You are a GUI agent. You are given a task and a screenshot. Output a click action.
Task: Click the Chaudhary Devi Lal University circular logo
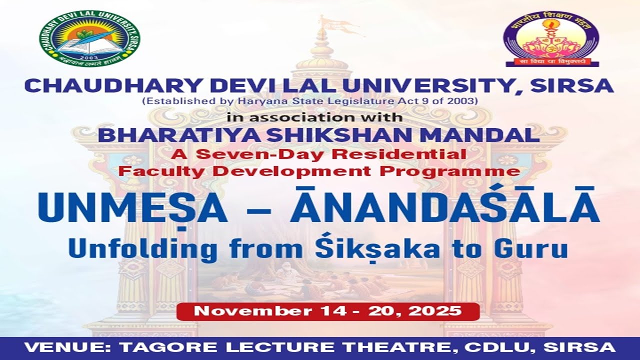coord(89,38)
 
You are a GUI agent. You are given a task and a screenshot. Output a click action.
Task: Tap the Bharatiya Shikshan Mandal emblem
coord(551,39)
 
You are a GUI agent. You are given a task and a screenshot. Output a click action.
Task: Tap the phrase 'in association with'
coord(314,118)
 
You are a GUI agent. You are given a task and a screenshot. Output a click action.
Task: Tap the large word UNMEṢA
coord(131,206)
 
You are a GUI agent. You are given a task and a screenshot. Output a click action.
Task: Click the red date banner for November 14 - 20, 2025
coord(327,311)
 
